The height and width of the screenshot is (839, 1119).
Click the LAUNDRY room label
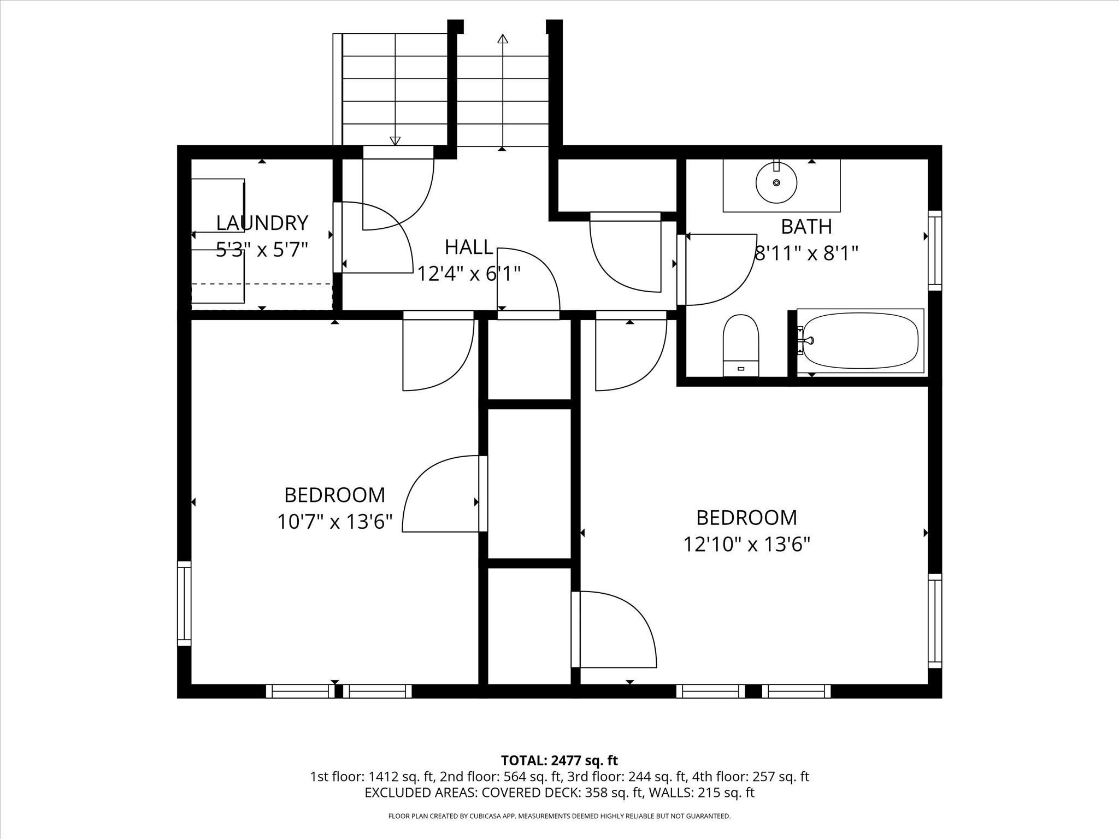point(262,223)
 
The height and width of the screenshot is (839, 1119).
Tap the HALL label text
point(469,247)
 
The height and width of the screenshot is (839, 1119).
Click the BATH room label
point(806,226)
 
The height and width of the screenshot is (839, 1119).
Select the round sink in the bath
point(776,181)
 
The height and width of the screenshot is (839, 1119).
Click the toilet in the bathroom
point(741,345)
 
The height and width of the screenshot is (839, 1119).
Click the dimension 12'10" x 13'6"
point(747,545)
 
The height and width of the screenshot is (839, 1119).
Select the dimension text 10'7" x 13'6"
point(335,522)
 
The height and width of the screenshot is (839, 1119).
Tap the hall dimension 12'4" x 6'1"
point(469,273)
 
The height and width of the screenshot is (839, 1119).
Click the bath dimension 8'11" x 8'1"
point(806,253)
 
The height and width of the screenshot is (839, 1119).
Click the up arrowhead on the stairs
point(503,38)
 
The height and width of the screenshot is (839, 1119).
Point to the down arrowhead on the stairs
point(395,141)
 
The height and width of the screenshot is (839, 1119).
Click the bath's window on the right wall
point(935,251)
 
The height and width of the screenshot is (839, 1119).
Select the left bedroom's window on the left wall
point(184,604)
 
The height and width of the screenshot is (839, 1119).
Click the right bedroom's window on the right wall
point(935,621)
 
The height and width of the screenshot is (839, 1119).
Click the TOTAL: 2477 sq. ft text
point(559,760)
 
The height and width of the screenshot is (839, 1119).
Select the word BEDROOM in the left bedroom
point(335,495)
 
